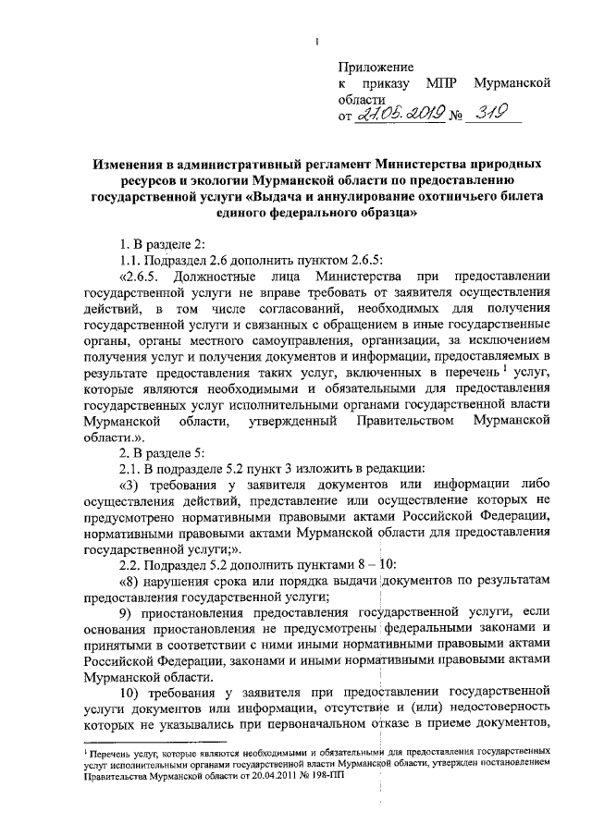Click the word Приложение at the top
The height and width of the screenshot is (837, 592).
[x=376, y=67]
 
